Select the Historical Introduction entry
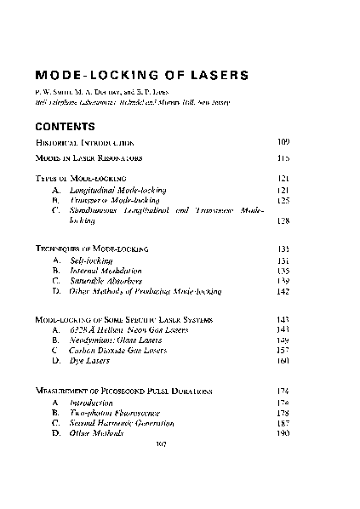pos(84,141)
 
